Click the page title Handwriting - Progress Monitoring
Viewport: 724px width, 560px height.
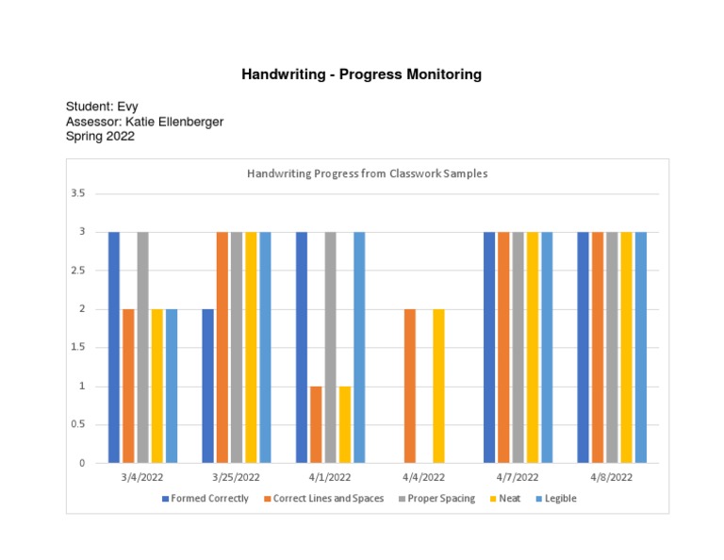tap(361, 74)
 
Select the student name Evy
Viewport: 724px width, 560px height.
tap(125, 107)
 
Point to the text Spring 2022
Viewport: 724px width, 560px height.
tap(100, 136)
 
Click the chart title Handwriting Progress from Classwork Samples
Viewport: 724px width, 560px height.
tap(367, 173)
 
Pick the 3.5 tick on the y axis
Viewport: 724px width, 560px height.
tap(77, 193)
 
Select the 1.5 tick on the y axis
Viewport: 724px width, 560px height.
tap(77, 348)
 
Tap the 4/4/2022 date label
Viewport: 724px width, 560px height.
tap(423, 478)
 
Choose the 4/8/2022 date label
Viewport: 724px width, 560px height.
tap(611, 478)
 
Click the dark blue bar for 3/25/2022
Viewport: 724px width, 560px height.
tap(207, 386)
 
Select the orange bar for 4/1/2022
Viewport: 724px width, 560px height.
tap(316, 424)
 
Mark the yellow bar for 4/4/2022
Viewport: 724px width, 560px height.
tap(438, 386)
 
